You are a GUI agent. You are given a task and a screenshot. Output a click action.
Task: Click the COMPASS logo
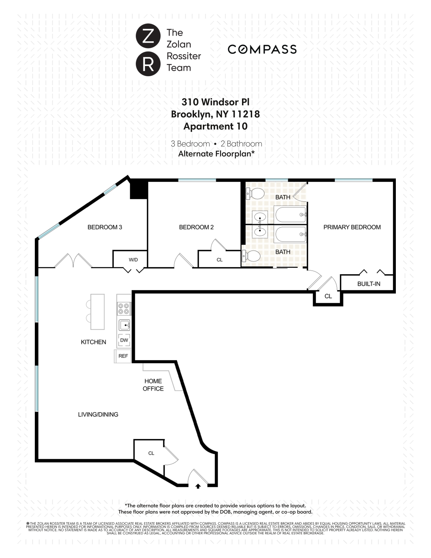click(262, 49)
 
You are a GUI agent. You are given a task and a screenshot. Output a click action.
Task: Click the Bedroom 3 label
click(104, 227)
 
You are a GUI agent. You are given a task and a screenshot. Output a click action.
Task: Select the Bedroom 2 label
click(196, 227)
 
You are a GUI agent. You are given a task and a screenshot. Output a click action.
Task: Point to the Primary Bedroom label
click(352, 227)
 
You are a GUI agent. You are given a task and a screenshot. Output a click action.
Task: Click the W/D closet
click(133, 260)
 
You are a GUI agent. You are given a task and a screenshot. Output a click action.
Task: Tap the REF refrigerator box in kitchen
click(123, 356)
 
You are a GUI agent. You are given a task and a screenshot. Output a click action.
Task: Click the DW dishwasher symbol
click(124, 340)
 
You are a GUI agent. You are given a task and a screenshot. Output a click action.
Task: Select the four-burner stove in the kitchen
click(123, 309)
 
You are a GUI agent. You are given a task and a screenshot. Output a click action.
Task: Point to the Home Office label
click(153, 385)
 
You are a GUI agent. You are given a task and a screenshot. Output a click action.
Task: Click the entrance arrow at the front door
click(198, 486)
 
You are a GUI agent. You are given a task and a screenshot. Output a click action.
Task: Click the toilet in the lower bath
click(252, 256)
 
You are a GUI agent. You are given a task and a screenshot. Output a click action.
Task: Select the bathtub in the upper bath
click(290, 214)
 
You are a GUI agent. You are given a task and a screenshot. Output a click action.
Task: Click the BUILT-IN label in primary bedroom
click(368, 284)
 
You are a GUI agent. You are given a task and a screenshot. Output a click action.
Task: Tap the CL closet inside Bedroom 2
click(219, 260)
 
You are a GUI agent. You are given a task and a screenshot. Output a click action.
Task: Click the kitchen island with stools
click(97, 312)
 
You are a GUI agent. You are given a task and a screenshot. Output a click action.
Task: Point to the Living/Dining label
click(98, 414)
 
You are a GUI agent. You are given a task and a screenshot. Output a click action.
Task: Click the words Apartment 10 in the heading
click(215, 126)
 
